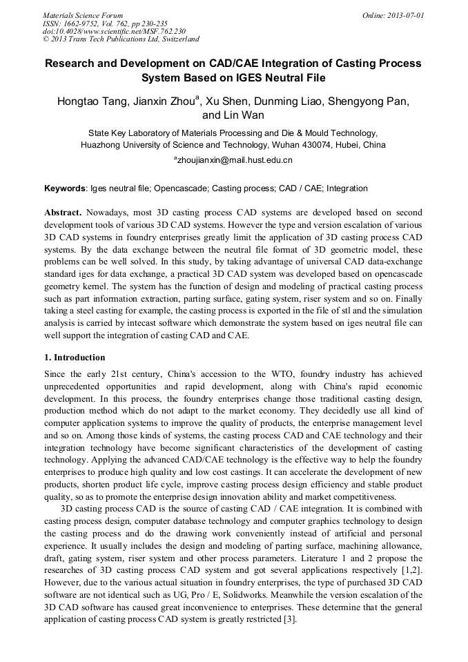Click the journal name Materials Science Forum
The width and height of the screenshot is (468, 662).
point(83,15)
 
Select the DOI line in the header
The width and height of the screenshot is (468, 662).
point(114,32)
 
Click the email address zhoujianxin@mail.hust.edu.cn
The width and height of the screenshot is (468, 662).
point(235,160)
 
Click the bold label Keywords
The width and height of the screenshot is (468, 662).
point(65,188)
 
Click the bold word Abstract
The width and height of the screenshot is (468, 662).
point(64,213)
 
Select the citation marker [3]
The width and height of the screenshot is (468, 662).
point(289,619)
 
